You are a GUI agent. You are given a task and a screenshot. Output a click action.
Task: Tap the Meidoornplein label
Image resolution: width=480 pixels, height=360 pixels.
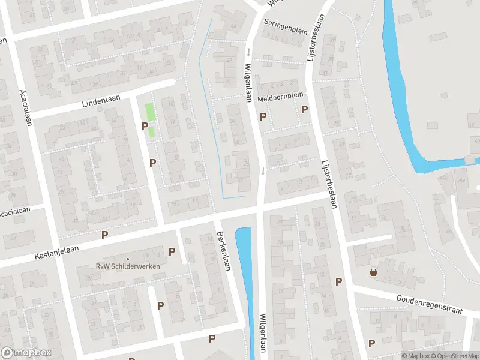click(280, 97)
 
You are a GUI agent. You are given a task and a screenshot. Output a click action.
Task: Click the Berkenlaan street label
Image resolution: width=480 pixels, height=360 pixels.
click(223, 251)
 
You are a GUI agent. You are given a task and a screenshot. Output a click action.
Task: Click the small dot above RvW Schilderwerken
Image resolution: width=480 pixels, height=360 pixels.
click(127, 259)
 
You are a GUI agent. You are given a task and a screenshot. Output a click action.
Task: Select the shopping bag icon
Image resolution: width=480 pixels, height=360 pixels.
click(374, 272)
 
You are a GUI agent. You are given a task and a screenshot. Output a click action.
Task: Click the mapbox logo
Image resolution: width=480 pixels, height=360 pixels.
click(26, 353)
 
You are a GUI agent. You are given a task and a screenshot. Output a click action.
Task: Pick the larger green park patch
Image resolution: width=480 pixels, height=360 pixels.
click(149, 112)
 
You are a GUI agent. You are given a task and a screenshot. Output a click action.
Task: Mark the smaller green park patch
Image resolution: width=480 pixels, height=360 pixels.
click(152, 131)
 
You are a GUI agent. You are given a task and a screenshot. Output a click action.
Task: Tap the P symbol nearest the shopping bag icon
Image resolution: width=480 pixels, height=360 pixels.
click(338, 281)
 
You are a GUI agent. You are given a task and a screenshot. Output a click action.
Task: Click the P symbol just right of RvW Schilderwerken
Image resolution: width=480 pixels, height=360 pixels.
click(172, 251)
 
